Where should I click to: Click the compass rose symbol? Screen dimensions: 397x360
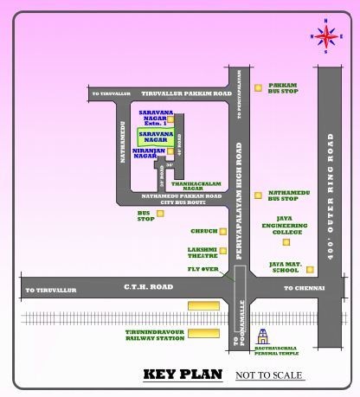[326, 35]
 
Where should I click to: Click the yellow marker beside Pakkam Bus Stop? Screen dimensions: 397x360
[258, 86]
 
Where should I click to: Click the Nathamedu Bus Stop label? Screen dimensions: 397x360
[284, 196]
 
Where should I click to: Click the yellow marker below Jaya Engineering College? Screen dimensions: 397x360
[285, 243]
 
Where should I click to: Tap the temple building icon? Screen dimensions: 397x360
[275, 337]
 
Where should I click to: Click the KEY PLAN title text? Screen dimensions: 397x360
[182, 376]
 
